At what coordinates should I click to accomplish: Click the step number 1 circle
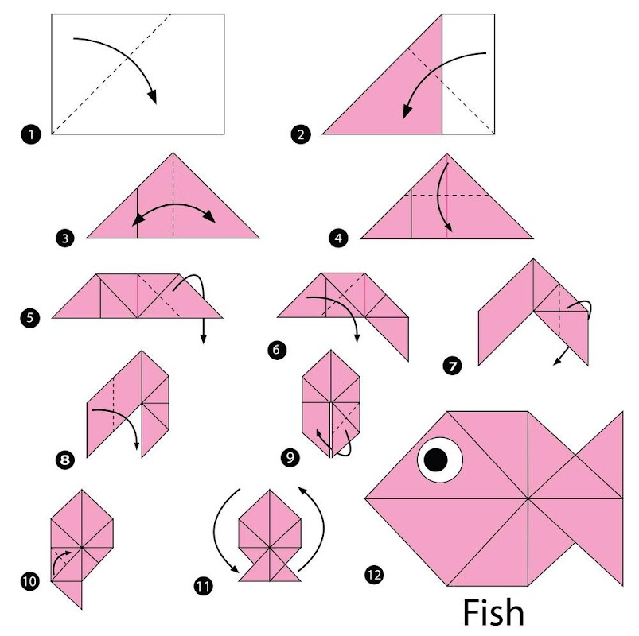point(31,134)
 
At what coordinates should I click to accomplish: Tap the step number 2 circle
point(301,134)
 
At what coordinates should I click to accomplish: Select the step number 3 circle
point(65,238)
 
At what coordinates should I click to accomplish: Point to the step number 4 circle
point(338,238)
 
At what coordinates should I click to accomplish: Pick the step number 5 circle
point(29,317)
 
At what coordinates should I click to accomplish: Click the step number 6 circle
point(277,349)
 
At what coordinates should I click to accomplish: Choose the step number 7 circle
point(452,366)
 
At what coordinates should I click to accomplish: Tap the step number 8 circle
point(65,460)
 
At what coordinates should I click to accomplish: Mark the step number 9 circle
point(290,457)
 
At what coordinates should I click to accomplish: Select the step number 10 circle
point(30,581)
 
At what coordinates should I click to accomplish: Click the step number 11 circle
point(203,587)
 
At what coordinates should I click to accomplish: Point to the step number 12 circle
point(374,575)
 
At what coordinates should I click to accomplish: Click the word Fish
point(493,612)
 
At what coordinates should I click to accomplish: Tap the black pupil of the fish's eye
point(435,460)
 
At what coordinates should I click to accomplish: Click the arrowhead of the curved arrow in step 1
point(152,97)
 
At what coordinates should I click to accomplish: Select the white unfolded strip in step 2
point(468,74)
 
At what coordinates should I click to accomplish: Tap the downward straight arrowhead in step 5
point(204,339)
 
